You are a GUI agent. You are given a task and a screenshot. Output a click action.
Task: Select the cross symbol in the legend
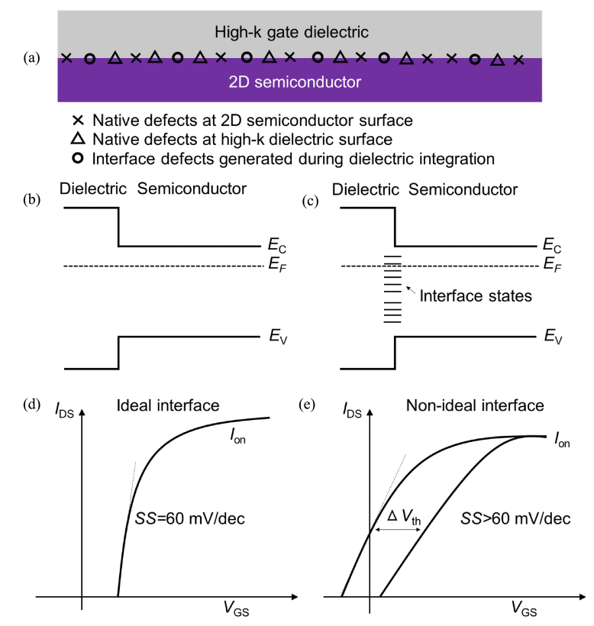click(x=77, y=121)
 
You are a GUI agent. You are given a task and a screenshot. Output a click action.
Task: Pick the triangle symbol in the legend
click(x=77, y=140)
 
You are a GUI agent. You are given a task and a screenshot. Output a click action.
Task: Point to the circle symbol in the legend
click(x=77, y=159)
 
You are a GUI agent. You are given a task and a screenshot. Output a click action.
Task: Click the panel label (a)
click(x=33, y=59)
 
